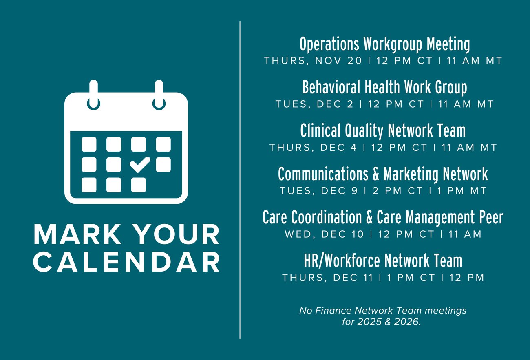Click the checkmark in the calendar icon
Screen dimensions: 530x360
[x=140, y=164]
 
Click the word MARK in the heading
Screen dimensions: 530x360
[x=77, y=234]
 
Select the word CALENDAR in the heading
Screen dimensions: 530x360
[x=126, y=262]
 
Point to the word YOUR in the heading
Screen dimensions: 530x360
[x=178, y=234]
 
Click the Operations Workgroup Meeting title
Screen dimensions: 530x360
[x=385, y=44]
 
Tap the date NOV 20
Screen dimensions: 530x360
[x=338, y=61]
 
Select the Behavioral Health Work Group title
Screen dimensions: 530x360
[x=385, y=87]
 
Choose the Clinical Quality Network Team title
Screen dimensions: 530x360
[x=383, y=130]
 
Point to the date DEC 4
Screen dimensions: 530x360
[x=338, y=148]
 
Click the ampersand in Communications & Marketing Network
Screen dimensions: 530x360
[x=376, y=174]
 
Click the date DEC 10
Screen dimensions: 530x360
[x=342, y=234]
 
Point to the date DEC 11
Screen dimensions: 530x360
[x=353, y=277]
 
